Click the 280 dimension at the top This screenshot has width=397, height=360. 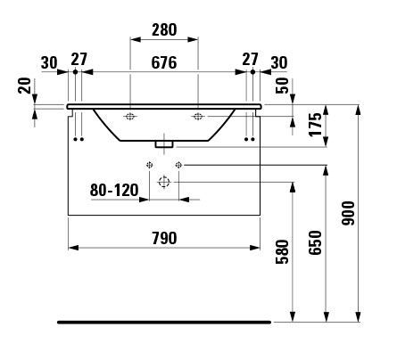[163, 29]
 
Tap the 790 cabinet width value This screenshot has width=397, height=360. [163, 237]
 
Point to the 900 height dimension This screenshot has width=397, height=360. [348, 213]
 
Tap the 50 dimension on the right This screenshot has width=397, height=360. [282, 86]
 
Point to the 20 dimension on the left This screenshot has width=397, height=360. [24, 86]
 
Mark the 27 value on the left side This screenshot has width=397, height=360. [79, 61]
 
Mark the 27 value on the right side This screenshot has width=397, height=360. [250, 61]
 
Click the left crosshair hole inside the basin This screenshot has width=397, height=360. [130, 117]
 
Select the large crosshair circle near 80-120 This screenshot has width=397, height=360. [163, 182]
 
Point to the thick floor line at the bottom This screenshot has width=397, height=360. [163, 318]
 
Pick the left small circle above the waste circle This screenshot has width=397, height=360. [150, 165]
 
